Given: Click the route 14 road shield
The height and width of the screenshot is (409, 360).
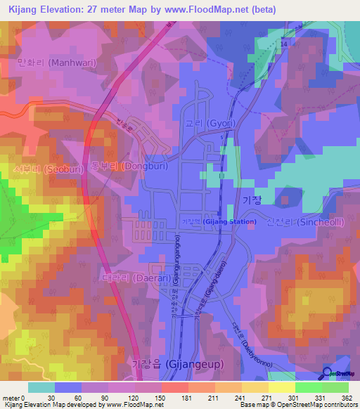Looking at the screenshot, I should coord(284,44).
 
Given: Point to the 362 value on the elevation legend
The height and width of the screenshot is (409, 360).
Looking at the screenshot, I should coord(347,397).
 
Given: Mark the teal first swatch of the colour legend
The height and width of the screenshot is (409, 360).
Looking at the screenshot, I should coord(41,387).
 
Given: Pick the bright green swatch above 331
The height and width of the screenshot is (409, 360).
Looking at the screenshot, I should coord(308,387).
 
